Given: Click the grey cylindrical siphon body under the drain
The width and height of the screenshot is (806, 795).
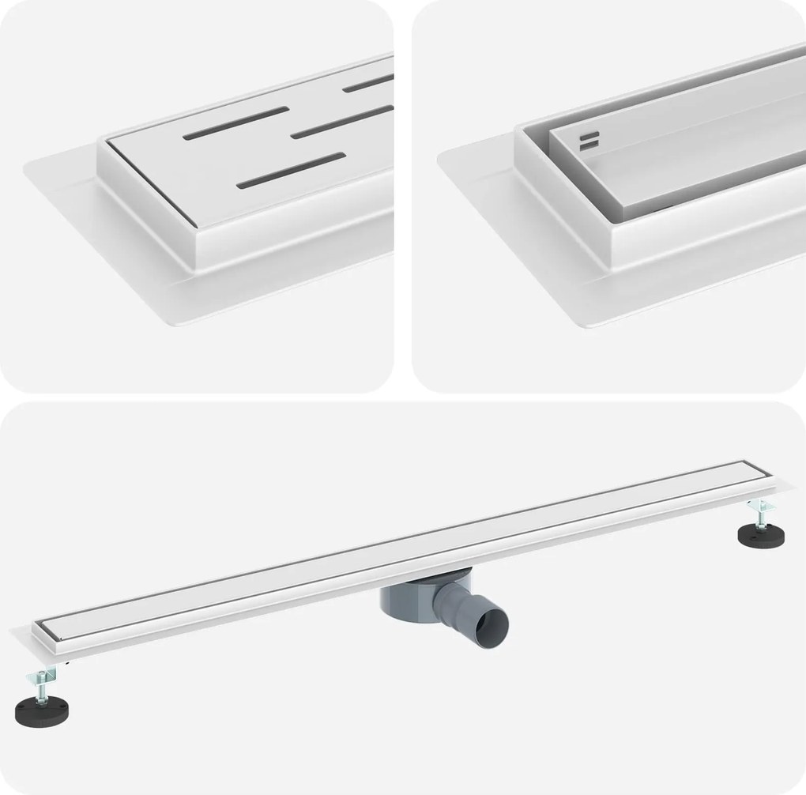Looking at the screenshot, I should (405, 609).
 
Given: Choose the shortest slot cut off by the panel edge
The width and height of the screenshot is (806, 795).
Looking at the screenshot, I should (368, 82).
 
